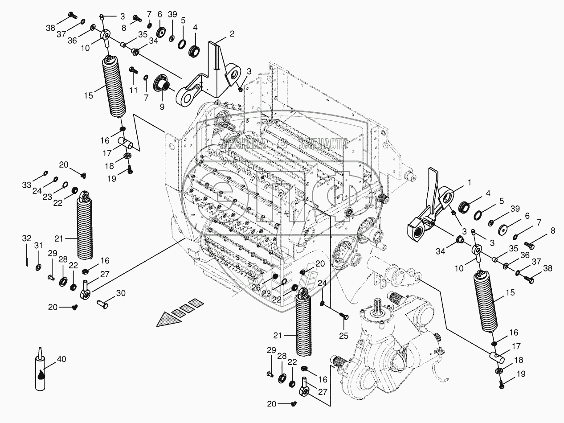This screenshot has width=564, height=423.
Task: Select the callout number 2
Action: (232, 34)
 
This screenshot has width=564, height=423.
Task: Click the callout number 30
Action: (120, 293)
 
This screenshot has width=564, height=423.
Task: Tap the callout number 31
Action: (39, 246)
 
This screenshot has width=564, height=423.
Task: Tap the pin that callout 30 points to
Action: (103, 304)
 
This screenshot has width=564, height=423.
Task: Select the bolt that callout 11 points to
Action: (133, 70)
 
